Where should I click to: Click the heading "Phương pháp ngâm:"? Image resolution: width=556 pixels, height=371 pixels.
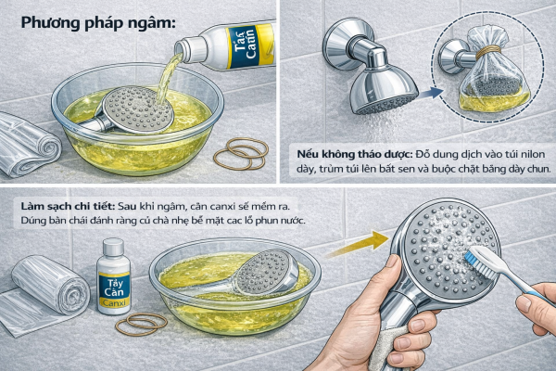point(98,23)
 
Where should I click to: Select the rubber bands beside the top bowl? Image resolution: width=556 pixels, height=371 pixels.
point(241,153)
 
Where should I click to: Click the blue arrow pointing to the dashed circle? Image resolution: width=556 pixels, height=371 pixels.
point(431,94)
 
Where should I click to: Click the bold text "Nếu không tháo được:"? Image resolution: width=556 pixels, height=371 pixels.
point(355,155)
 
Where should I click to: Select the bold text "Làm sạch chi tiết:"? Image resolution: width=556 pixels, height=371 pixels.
point(68,206)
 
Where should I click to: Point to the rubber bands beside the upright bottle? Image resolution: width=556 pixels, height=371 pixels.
point(141,324)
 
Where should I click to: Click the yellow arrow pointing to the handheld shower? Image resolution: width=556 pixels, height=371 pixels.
point(358,244)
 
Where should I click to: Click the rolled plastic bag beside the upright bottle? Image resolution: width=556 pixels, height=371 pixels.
point(50,284)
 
